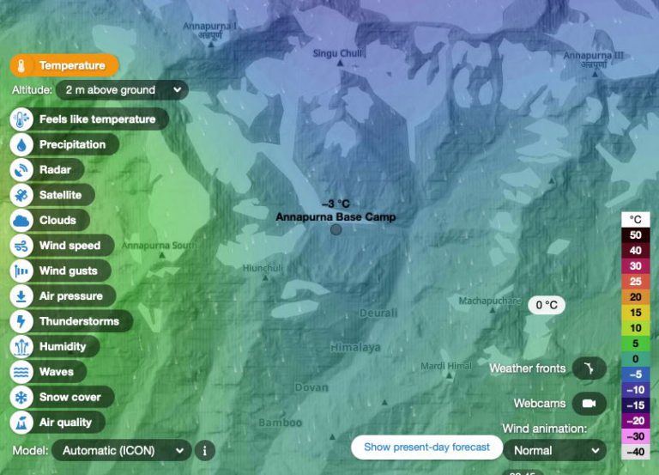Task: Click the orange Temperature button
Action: (64, 65)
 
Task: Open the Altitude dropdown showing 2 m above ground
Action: (121, 89)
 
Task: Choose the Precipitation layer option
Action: (63, 144)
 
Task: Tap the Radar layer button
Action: (47, 170)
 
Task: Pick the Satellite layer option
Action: (51, 195)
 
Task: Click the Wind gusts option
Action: (59, 271)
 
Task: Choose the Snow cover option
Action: (61, 397)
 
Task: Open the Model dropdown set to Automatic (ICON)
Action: (121, 449)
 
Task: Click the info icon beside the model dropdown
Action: (204, 449)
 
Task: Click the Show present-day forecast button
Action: (426, 447)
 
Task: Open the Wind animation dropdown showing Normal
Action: (554, 449)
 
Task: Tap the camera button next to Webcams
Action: (589, 403)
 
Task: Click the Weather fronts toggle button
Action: (589, 368)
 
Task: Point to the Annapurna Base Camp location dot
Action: (336, 229)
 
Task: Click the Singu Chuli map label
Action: (337, 53)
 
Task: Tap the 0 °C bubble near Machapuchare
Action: (547, 305)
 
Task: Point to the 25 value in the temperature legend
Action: (635, 281)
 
